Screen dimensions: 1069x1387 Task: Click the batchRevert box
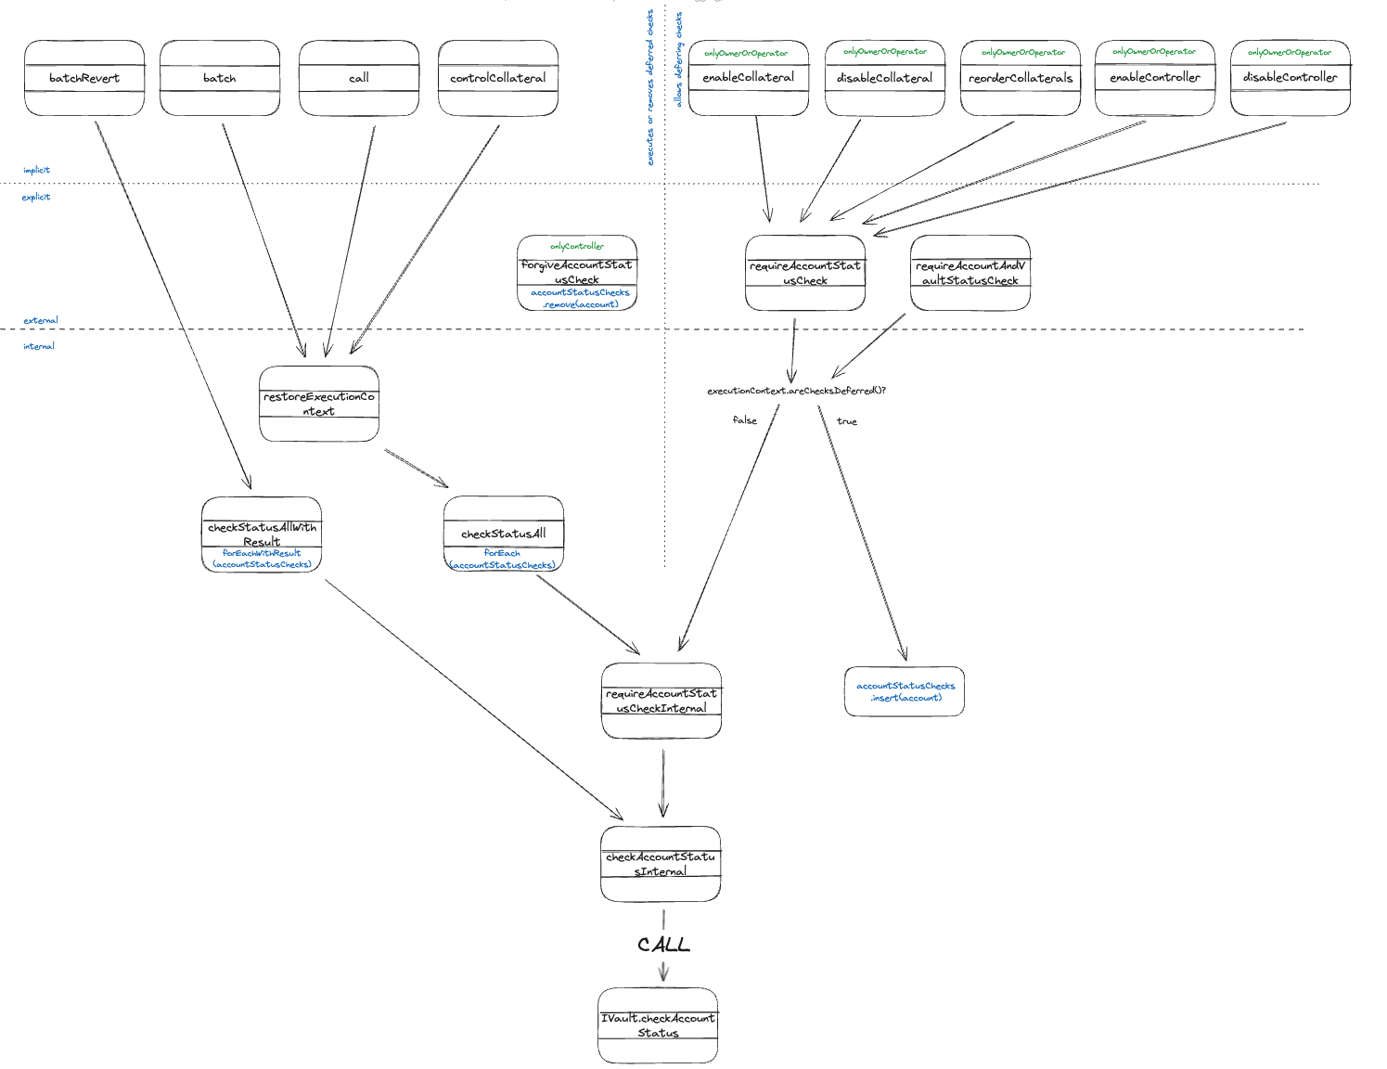[x=84, y=78]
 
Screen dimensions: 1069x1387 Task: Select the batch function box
[x=220, y=78]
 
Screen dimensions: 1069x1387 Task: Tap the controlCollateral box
[x=498, y=78]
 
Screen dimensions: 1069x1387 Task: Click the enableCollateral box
[x=749, y=78]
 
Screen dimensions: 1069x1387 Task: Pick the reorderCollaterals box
[x=1021, y=78]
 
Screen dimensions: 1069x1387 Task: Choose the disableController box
[x=1291, y=78]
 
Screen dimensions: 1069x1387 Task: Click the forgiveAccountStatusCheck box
[x=577, y=273]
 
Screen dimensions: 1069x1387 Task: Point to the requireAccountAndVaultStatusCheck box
[x=970, y=273]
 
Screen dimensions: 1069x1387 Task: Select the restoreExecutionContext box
[x=319, y=404]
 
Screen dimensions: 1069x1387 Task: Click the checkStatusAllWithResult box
[x=262, y=534]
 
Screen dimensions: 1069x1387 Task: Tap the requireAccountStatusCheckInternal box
[x=661, y=701]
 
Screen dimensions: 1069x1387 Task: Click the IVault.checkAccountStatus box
[x=658, y=1025]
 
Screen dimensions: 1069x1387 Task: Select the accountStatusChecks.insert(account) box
[x=905, y=691]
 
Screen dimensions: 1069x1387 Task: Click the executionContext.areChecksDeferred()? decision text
[x=796, y=391]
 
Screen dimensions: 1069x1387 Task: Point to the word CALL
[x=663, y=945]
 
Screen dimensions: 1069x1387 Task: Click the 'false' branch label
[x=744, y=420]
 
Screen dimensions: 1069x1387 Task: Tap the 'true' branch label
[x=846, y=421]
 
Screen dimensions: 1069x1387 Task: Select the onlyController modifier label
[x=576, y=246]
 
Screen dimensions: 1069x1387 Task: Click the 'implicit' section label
[x=37, y=170]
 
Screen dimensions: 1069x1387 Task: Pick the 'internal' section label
[x=39, y=346]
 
